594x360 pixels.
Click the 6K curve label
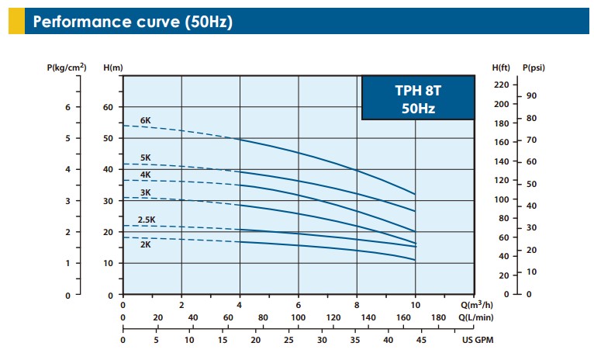[x=145, y=120]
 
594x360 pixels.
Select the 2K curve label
[x=145, y=244]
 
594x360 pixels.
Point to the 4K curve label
[x=145, y=175]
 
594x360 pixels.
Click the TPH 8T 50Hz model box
[x=417, y=98]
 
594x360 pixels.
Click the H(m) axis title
[x=113, y=68]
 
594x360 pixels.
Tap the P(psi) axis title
[x=534, y=68]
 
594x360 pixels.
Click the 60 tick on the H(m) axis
[x=109, y=107]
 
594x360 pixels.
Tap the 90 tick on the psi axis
[x=531, y=95]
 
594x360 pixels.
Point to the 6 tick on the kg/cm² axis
[x=67, y=107]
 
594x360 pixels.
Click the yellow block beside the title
[x=16, y=21]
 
